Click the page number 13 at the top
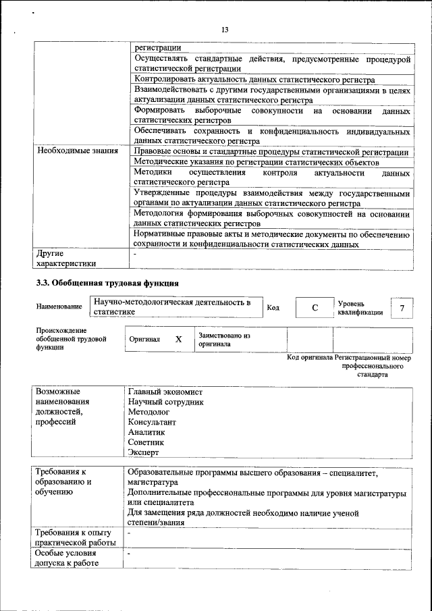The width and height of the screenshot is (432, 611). pyautogui.click(x=225, y=30)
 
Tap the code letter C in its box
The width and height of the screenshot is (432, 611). pyautogui.click(x=314, y=308)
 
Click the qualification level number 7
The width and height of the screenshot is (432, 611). pyautogui.click(x=402, y=308)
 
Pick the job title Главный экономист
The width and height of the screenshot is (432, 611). pyautogui.click(x=165, y=392)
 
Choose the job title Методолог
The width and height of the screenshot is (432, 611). pyautogui.click(x=148, y=412)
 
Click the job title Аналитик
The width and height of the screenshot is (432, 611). pyautogui.click(x=146, y=432)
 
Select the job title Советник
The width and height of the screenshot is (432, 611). pyautogui.click(x=146, y=442)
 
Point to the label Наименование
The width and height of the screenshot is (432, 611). pyautogui.click(x=59, y=307)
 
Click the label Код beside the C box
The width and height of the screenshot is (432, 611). pyautogui.click(x=273, y=308)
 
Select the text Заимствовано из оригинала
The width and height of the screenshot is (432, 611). pyautogui.click(x=224, y=339)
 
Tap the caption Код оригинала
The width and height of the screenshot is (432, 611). pyautogui.click(x=310, y=357)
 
